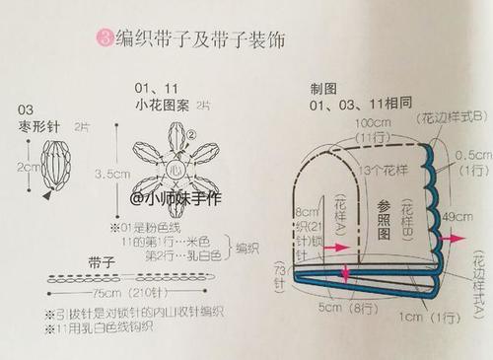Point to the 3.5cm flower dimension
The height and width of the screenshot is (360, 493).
pos(114,174)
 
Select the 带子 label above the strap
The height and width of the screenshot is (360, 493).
pos(101,263)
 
